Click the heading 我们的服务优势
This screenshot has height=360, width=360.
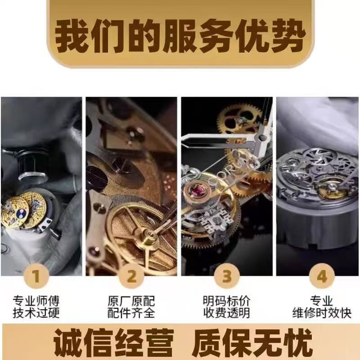point(180,35)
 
